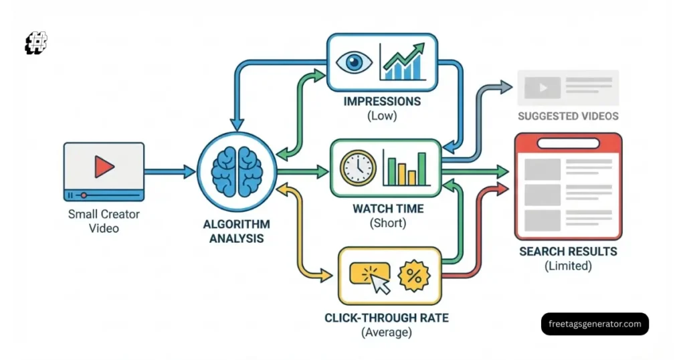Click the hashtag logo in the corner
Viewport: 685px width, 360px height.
36,43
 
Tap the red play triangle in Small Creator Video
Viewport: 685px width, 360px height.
103,167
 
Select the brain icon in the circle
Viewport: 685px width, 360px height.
236,171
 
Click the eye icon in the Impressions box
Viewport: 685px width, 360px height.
353,62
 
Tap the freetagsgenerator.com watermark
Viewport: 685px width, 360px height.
595,324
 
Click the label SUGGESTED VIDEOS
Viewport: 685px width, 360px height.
567,116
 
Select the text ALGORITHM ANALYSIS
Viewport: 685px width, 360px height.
237,231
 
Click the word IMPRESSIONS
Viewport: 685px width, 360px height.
382,102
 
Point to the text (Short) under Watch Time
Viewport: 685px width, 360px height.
387,223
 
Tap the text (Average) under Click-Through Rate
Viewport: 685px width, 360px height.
387,331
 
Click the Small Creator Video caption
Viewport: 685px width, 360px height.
103,221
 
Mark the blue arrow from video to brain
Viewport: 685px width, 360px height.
170,172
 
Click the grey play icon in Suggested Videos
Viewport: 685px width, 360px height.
537,88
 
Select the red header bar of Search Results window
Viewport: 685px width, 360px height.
568,142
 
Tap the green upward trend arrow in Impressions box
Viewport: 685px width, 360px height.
404,54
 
